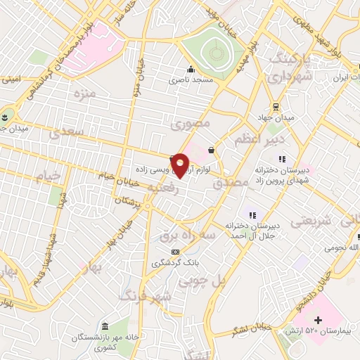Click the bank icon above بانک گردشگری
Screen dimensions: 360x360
point(175,251)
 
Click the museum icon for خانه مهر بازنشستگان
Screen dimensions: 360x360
point(105,326)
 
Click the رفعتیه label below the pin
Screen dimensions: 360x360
point(163,188)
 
